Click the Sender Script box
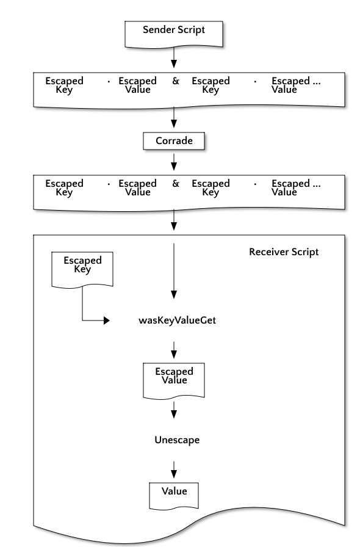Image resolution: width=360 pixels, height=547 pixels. click(174, 34)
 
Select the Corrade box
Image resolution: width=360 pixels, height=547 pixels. click(174, 141)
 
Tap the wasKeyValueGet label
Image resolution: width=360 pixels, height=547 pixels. click(177, 321)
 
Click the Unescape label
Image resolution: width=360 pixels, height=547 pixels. click(177, 440)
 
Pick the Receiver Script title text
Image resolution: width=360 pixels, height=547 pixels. click(284, 252)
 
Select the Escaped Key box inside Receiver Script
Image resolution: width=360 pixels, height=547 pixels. click(82, 270)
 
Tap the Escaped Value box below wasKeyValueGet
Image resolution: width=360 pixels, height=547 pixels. click(174, 380)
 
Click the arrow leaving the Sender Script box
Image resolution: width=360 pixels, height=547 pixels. click(174, 57)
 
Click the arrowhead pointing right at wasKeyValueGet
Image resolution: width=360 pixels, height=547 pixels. click(107, 321)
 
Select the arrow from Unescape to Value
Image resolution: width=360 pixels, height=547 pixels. click(174, 470)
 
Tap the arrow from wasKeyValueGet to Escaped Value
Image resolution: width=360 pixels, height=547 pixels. click(174, 350)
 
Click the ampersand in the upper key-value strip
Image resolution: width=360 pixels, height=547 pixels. click(176, 81)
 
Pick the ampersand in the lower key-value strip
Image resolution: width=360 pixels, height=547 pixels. click(176, 184)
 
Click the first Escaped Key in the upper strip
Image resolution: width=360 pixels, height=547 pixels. click(64, 85)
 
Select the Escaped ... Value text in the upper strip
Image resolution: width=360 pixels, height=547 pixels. click(296, 85)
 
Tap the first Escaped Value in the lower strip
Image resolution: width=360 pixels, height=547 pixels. click(137, 187)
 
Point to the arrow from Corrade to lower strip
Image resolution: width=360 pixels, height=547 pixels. click(174, 162)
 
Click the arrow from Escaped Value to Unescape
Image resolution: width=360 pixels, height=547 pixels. click(174, 410)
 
